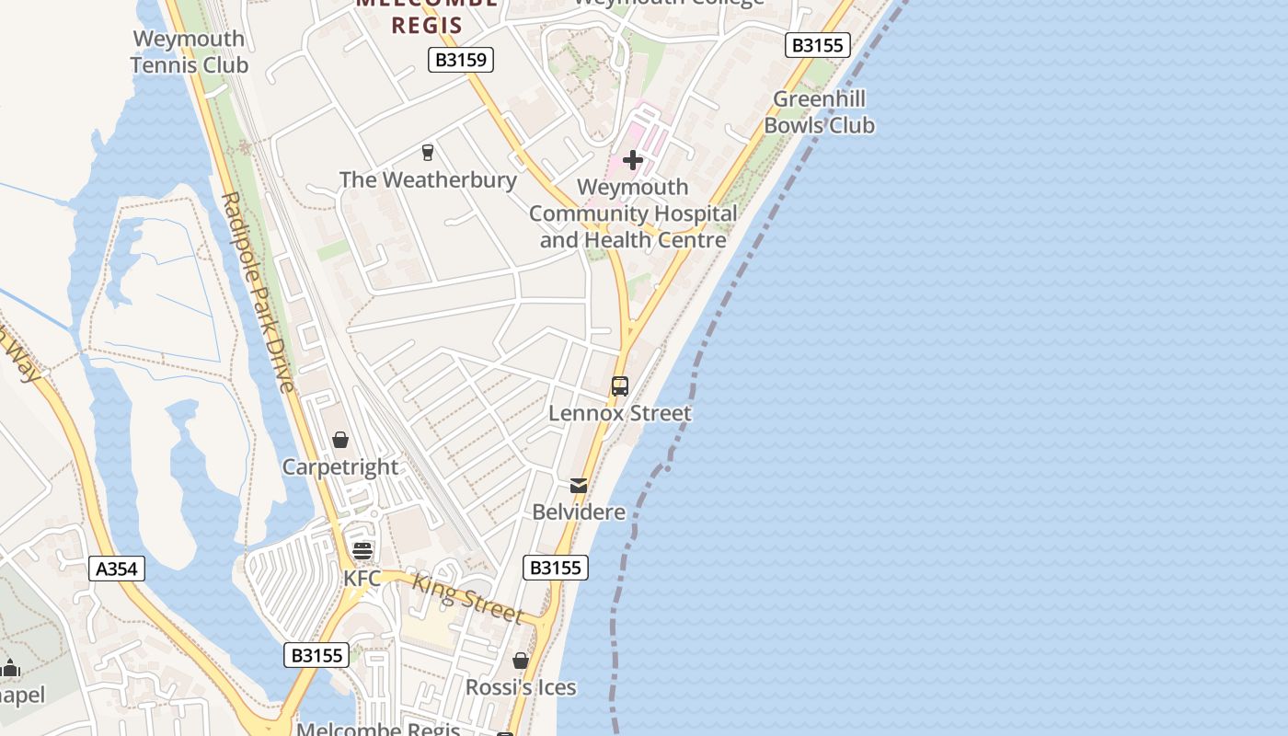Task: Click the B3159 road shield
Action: [x=461, y=61]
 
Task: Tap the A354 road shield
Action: [x=117, y=569]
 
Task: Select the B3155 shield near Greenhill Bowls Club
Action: [x=817, y=45]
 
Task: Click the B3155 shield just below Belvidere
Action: [x=556, y=568]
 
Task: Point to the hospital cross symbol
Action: [x=632, y=160]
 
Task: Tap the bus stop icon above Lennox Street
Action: [x=620, y=386]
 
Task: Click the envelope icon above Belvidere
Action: [x=579, y=485]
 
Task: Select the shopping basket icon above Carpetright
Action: [x=340, y=441]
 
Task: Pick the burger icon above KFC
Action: [x=362, y=551]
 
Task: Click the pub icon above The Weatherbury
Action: [x=427, y=153]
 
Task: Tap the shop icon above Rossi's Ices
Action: [x=521, y=661]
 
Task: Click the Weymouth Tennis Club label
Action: [x=190, y=52]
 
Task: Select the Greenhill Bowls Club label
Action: [x=819, y=112]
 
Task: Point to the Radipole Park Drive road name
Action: [x=257, y=293]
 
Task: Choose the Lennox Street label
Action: [x=619, y=414]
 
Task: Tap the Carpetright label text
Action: [x=340, y=467]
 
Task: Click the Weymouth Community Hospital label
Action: [x=633, y=213]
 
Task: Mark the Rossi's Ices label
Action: [x=521, y=687]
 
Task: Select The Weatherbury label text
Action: [x=428, y=179]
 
